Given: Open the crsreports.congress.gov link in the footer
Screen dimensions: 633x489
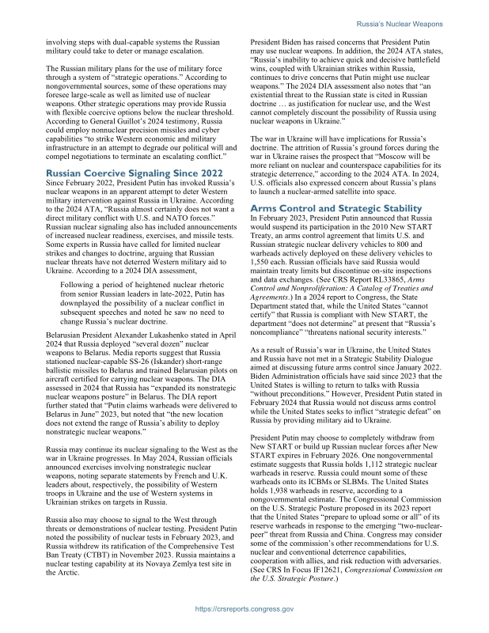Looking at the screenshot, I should pos(244,608).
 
